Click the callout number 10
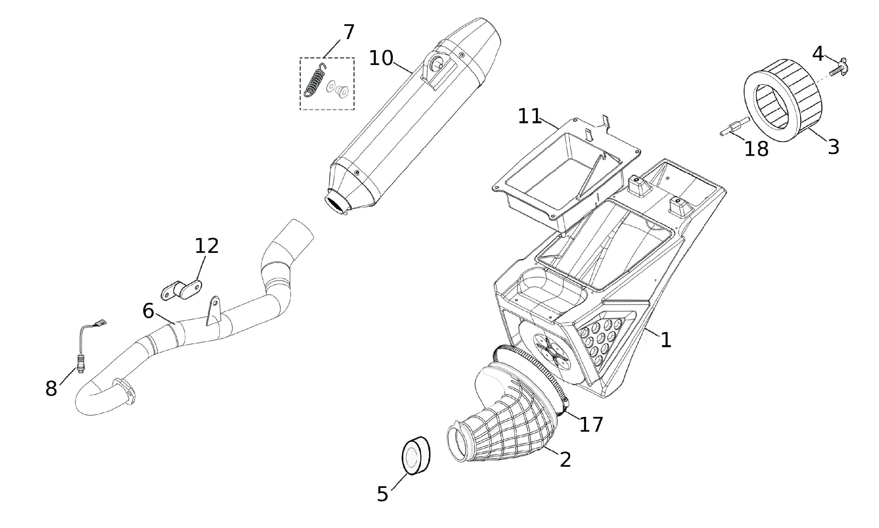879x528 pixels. (381, 58)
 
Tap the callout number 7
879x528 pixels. (349, 32)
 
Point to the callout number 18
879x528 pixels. (756, 149)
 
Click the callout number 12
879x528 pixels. (207, 246)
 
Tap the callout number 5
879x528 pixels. (382, 494)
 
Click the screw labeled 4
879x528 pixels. (838, 69)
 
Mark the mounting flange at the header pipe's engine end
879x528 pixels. (124, 392)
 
